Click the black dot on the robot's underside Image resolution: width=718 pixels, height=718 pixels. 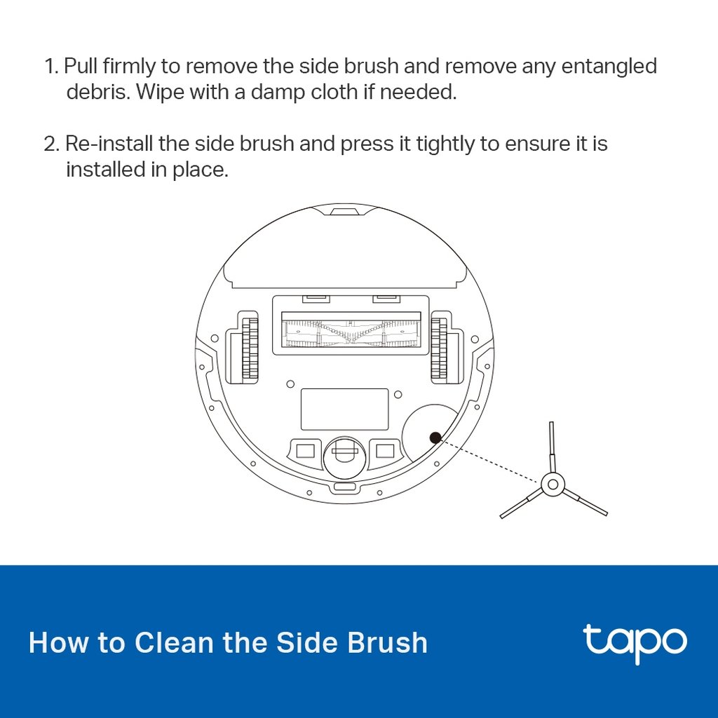coord(435,438)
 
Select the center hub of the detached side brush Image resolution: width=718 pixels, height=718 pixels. coord(552,483)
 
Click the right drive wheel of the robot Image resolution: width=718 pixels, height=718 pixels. coord(440,344)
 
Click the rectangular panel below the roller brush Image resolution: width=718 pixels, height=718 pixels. coord(344,409)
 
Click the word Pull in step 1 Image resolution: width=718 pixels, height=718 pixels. coord(81,67)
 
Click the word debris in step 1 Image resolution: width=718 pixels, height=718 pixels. coord(95,93)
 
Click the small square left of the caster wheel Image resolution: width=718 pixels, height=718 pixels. coord(304,449)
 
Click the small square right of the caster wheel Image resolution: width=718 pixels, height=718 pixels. coord(384,449)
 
